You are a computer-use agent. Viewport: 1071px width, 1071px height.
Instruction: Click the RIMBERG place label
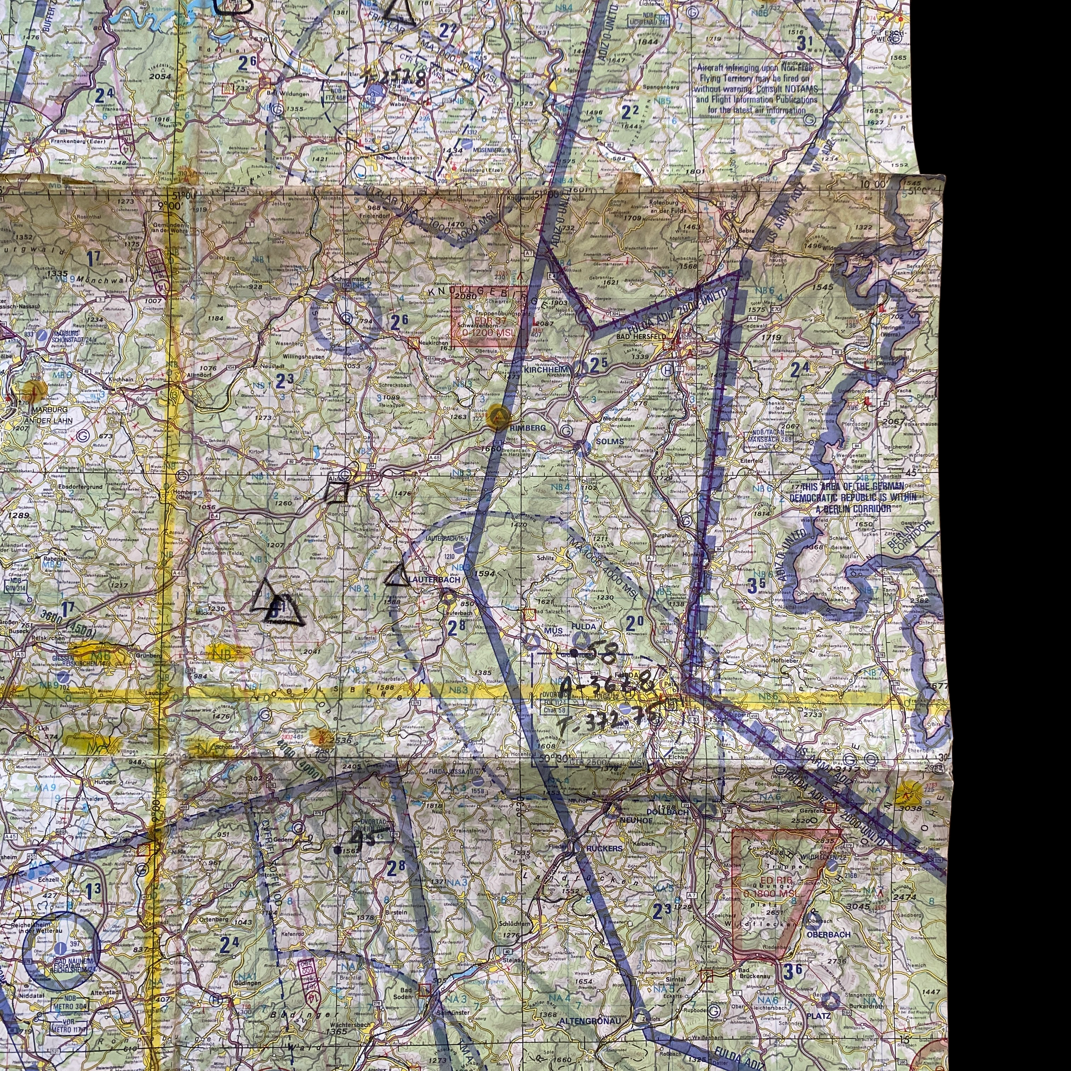click(x=527, y=428)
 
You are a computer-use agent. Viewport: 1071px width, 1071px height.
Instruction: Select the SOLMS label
click(x=609, y=441)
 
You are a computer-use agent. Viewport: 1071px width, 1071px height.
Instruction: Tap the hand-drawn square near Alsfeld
click(x=336, y=492)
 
